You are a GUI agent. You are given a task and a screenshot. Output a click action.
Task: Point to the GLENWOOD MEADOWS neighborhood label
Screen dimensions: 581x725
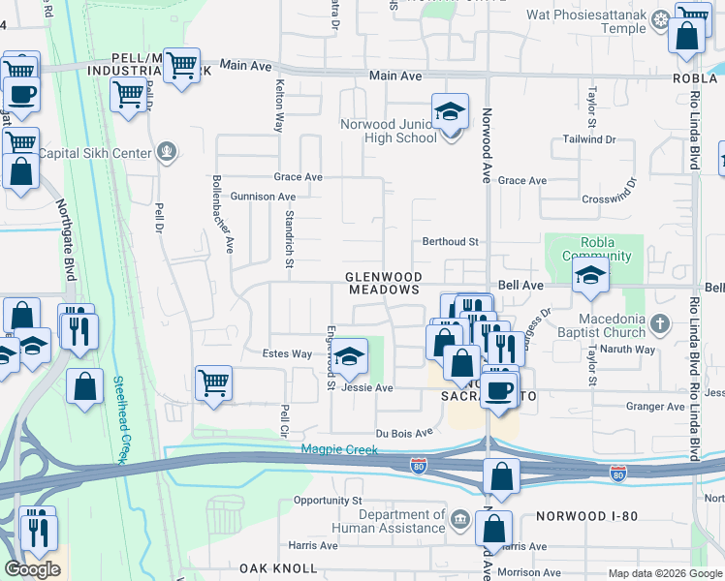384,283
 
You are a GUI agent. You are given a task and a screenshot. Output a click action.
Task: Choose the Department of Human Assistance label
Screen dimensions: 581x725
388,522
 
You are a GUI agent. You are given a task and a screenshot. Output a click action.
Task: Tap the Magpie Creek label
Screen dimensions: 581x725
334,448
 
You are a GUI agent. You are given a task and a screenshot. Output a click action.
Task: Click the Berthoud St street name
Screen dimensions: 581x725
450,241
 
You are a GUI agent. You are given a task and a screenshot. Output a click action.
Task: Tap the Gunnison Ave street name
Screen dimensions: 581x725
262,197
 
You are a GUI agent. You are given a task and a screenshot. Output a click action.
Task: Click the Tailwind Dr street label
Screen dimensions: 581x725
590,139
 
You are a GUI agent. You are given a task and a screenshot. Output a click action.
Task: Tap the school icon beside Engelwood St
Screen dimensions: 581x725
352,355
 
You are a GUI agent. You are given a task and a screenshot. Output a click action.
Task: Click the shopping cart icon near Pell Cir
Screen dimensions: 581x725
213,382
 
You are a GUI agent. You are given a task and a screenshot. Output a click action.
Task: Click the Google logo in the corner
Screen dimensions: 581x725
32,569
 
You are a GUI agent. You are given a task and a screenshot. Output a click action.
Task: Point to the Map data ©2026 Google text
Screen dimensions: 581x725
664,573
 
